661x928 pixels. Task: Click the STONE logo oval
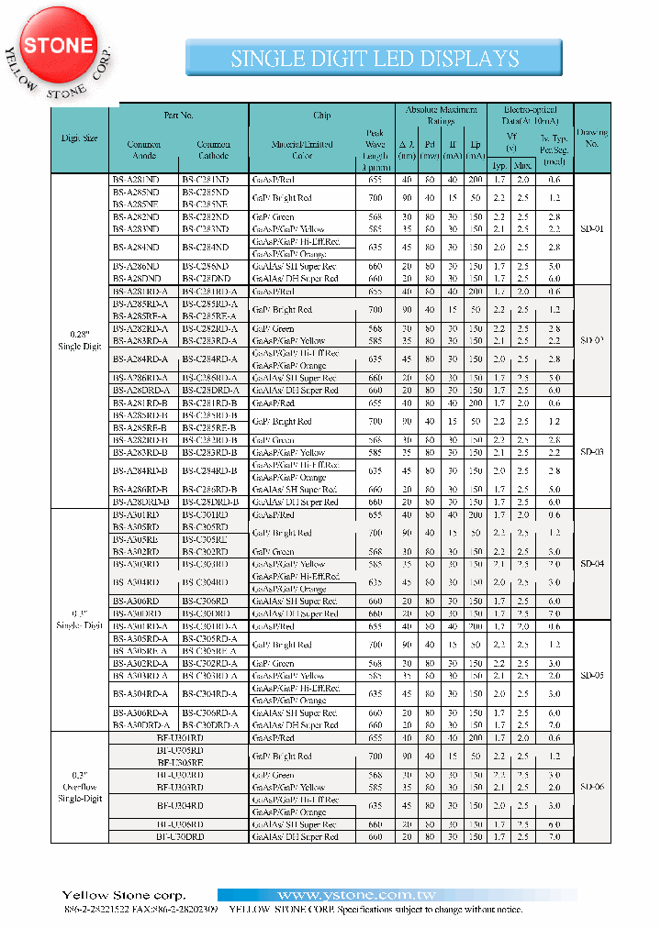tap(58, 46)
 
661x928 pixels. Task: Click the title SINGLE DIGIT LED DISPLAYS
tap(375, 59)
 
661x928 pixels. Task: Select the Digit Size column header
tap(79, 138)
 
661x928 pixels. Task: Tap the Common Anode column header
tap(144, 149)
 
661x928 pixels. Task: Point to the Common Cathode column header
tap(213, 149)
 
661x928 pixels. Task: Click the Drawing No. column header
tap(591, 138)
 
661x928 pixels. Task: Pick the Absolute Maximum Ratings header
tap(441, 114)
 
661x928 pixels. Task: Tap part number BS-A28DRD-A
tap(141, 390)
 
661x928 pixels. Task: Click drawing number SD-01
tap(591, 228)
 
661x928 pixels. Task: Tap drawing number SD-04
tap(591, 560)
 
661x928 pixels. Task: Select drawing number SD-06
tap(591, 787)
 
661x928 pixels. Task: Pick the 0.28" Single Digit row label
tap(79, 341)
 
